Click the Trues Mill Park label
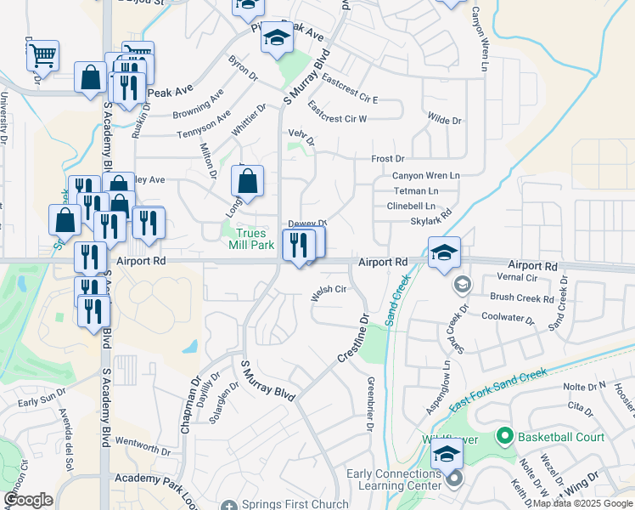251,239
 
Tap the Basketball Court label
561,438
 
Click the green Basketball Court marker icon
505,438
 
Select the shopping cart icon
42,56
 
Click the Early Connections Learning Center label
393,479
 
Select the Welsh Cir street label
329,290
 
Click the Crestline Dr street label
352,341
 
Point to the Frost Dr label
388,159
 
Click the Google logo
28,500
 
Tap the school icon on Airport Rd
444,252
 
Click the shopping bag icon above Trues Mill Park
247,181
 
